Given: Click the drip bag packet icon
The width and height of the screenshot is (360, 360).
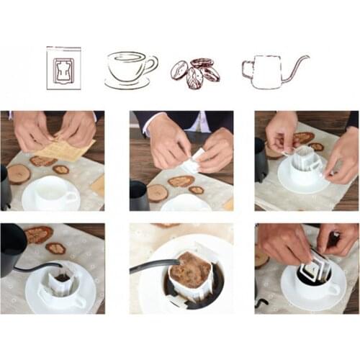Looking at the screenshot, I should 63,68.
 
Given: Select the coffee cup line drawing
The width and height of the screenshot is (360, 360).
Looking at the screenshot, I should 130,69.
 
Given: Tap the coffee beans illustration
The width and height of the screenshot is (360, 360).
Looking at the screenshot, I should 194,73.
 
